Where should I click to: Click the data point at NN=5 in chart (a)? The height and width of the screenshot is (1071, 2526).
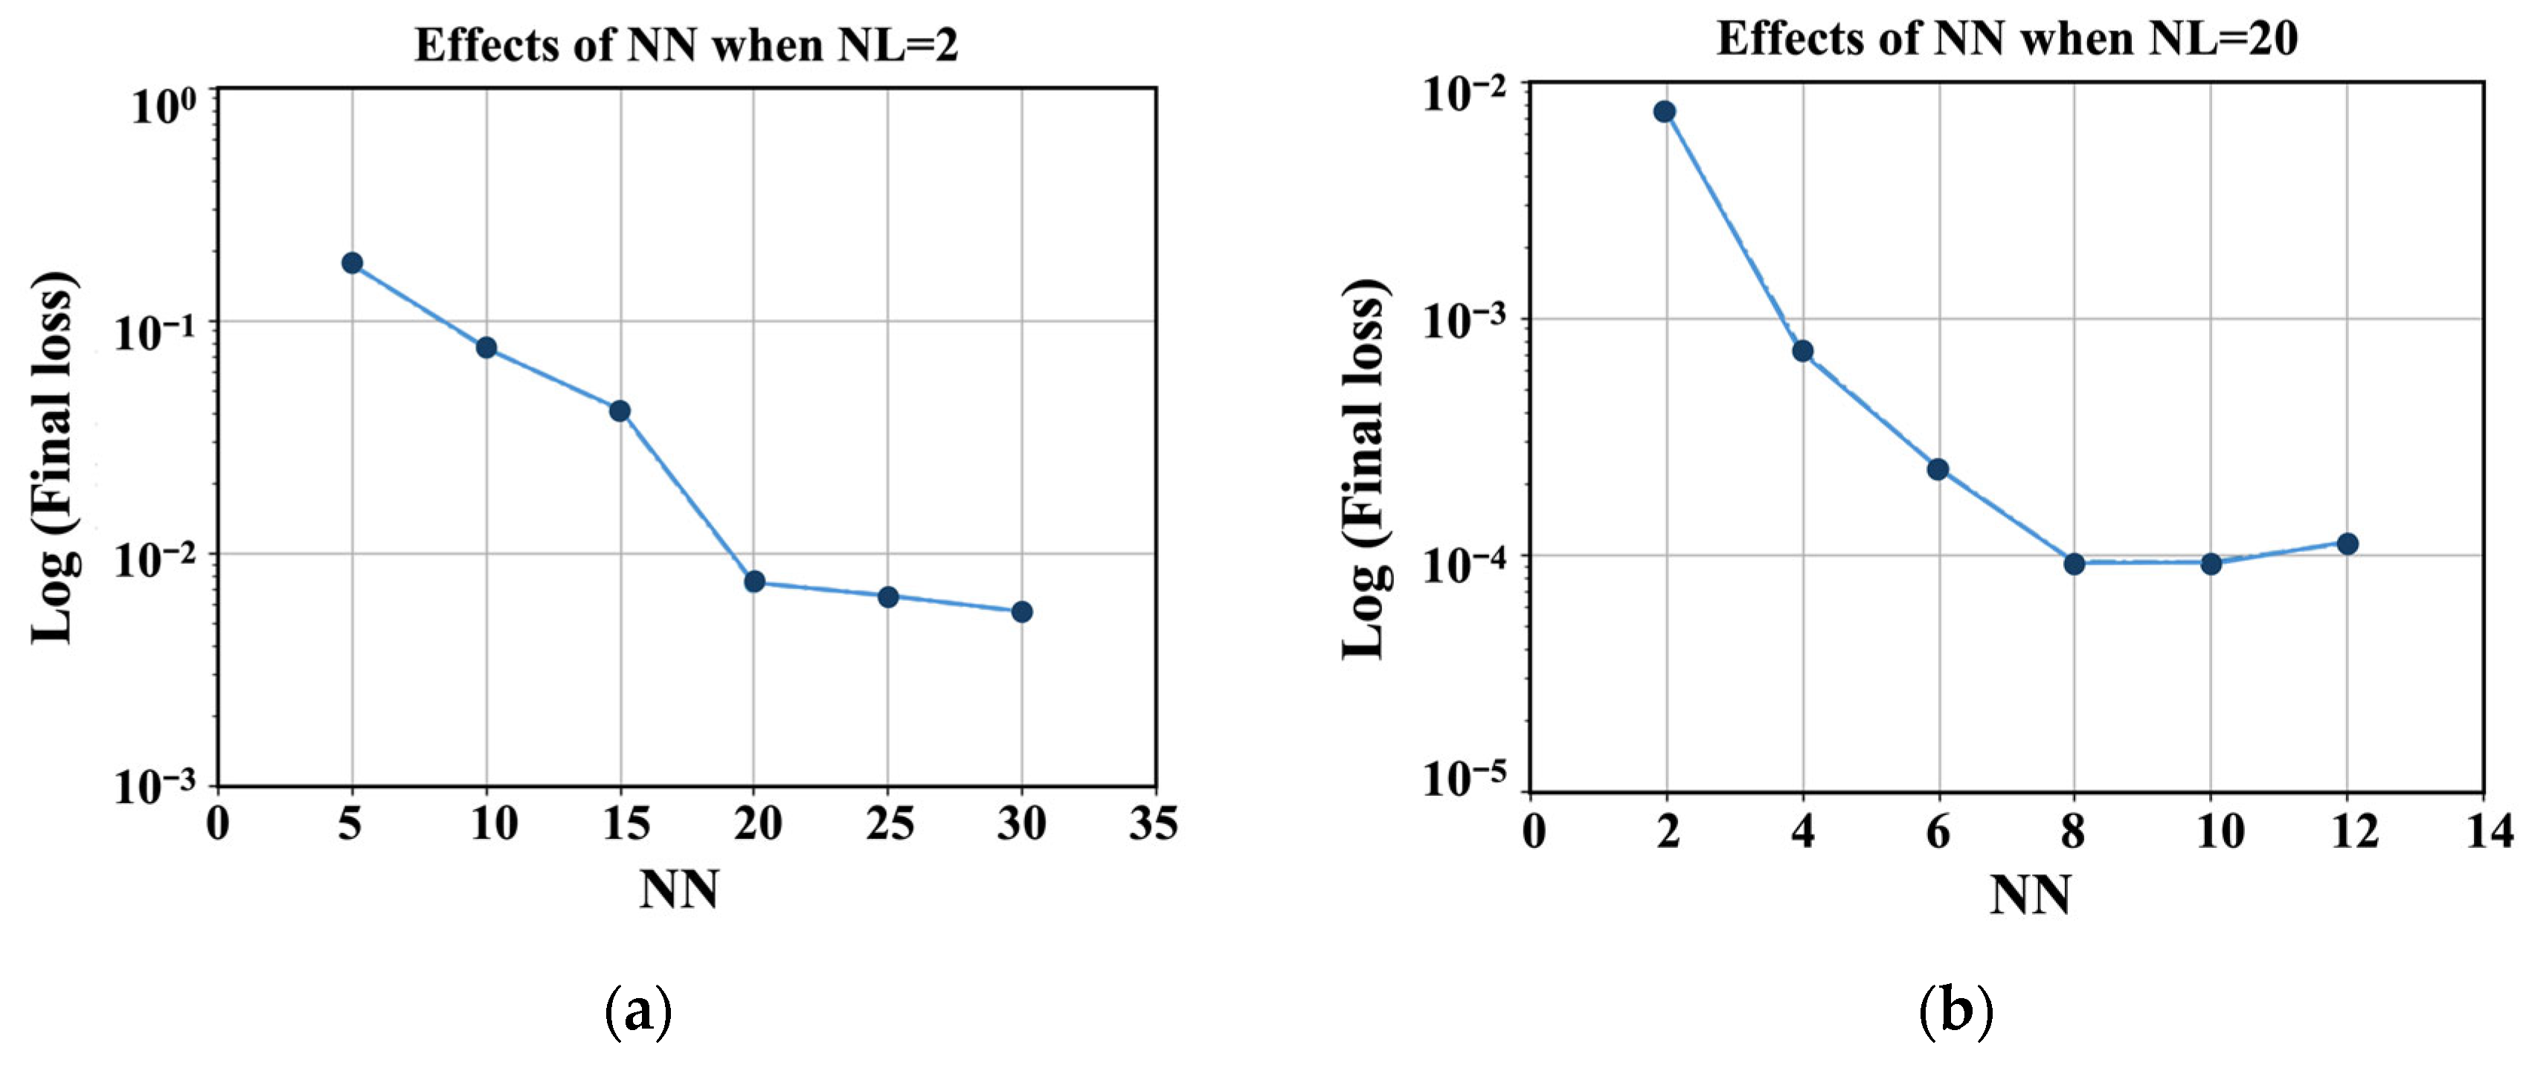tap(352, 263)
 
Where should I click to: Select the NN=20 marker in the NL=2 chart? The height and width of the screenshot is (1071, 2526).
tap(754, 582)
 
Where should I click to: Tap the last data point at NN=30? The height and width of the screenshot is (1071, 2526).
tap(1022, 612)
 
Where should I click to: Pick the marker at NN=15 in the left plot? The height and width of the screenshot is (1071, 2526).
tap(620, 411)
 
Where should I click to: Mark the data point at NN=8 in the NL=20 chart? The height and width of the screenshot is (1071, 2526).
tap(2074, 564)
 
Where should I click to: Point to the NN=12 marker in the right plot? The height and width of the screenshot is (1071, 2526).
tap(2347, 544)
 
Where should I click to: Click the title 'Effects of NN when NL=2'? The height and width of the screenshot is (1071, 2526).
tap(686, 45)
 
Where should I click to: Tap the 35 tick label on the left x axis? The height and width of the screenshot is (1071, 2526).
tap(1153, 824)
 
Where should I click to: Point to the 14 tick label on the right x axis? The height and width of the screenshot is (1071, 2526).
tap(2489, 832)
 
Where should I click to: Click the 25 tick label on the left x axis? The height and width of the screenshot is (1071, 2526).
tap(888, 824)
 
